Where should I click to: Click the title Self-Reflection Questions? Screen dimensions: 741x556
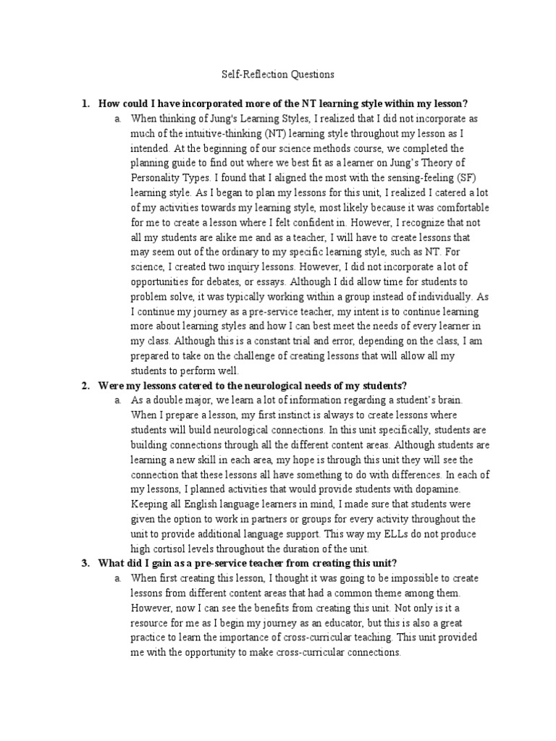278,75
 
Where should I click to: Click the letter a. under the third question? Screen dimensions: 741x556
117,579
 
